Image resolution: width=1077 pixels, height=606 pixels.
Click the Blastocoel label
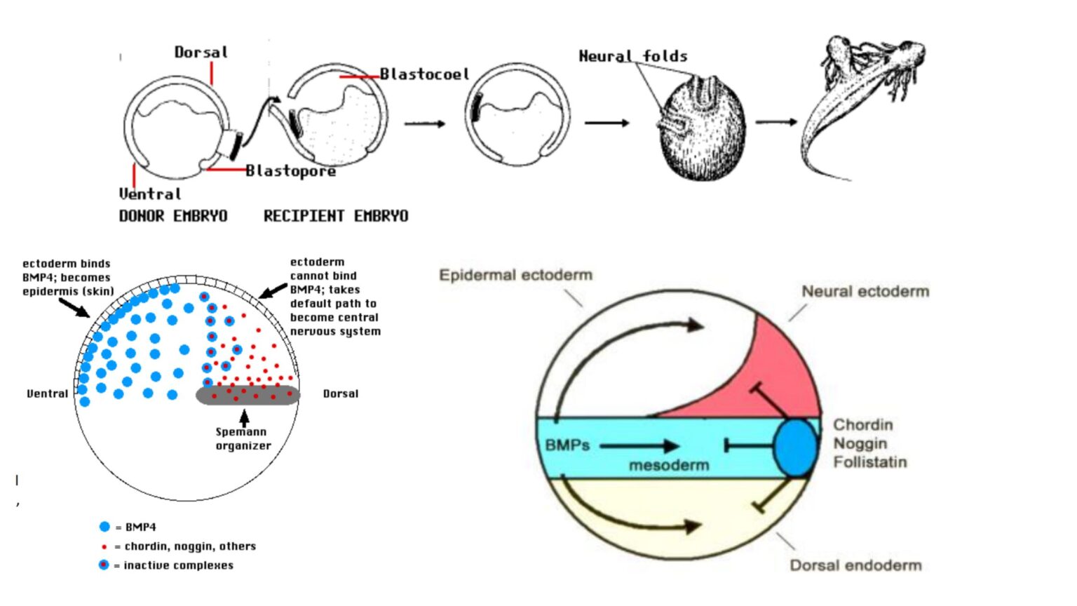[424, 74]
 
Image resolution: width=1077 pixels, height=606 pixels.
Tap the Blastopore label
[290, 170]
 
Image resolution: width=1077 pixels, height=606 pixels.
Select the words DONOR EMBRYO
[173, 216]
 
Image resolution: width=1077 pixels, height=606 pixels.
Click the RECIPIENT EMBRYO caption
[336, 216]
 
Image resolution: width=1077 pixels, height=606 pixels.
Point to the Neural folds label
[632, 56]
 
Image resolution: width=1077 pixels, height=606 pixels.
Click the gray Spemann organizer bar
[248, 396]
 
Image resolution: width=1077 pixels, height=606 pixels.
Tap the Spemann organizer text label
[242, 439]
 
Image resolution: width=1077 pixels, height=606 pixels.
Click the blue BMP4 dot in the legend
[104, 527]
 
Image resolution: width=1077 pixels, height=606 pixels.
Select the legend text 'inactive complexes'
[178, 565]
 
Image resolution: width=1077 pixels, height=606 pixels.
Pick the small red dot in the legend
[104, 546]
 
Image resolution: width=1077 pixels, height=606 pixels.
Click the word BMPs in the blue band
[567, 445]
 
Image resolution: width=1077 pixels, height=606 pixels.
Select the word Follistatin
[869, 462]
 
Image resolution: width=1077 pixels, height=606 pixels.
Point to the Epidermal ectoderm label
[515, 275]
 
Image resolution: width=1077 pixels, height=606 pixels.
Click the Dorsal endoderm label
[855, 565]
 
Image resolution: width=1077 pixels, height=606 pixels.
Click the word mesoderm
[668, 465]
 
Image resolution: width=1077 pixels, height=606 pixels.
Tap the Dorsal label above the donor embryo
[201, 53]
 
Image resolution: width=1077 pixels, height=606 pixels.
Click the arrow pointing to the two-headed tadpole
[775, 122]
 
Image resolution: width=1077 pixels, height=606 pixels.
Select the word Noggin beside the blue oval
[860, 443]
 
